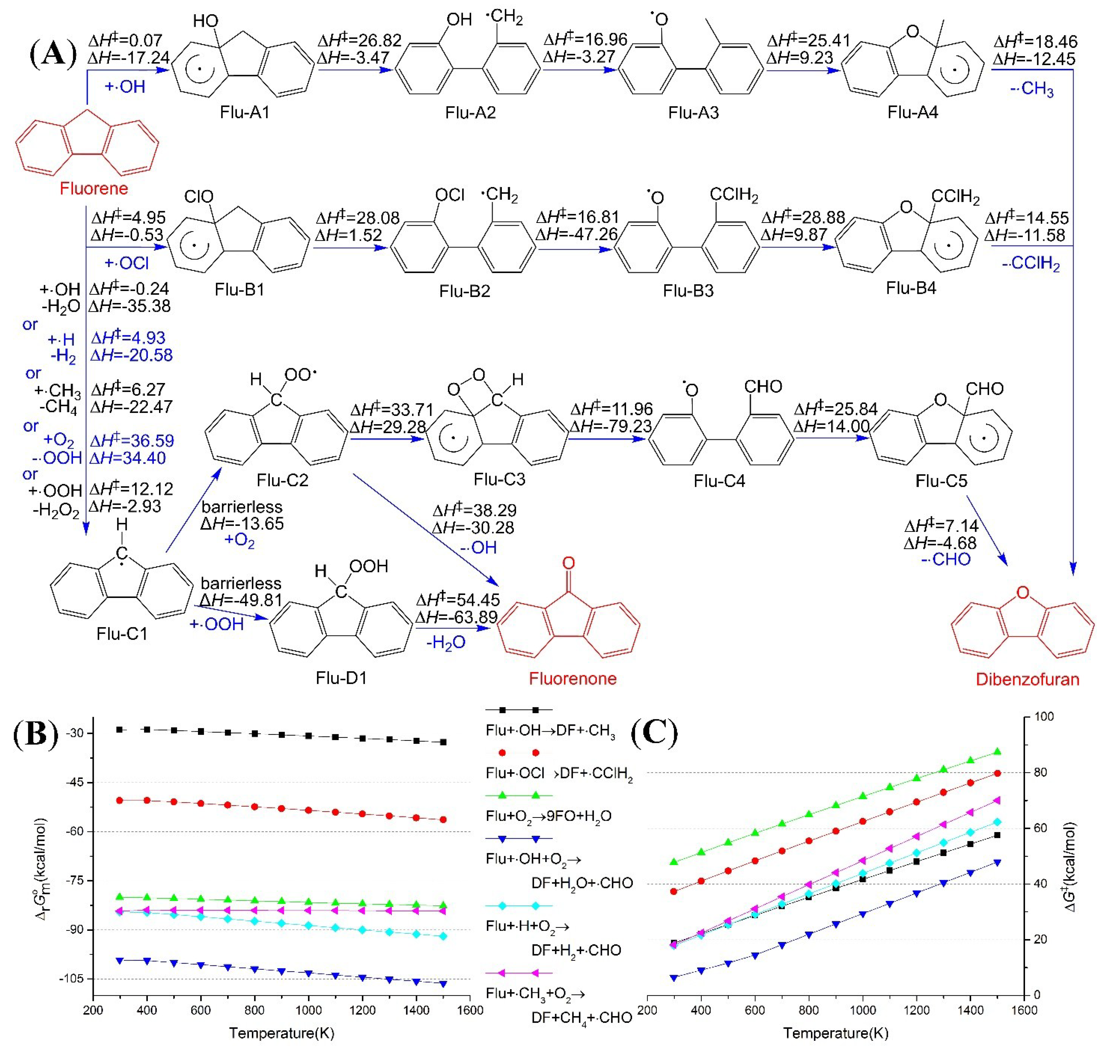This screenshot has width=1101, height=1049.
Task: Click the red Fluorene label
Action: pos(94,188)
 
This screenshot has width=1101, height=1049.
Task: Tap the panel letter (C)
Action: pos(654,734)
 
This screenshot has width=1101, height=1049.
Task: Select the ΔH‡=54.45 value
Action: pos(457,599)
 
